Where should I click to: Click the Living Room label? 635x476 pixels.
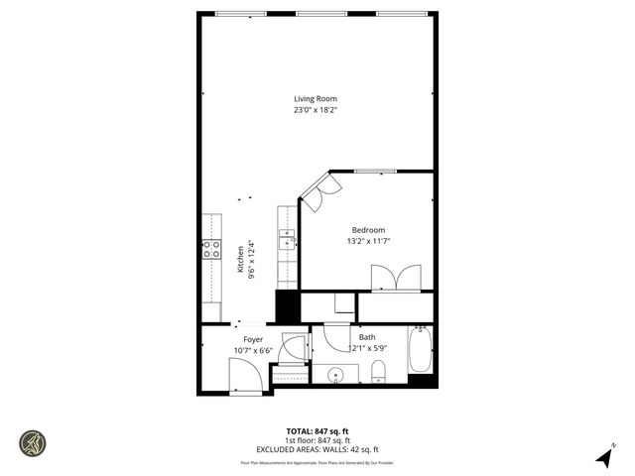[316, 98]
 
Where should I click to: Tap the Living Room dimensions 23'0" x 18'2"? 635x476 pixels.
[316, 110]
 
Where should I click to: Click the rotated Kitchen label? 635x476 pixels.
[240, 260]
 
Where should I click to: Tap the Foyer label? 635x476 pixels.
[254, 340]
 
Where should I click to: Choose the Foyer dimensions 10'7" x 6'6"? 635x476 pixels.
[254, 351]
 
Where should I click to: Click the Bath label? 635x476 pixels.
[367, 337]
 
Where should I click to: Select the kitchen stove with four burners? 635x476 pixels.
[211, 249]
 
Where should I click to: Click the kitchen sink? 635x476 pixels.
[287, 240]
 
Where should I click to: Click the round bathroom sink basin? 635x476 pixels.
[336, 375]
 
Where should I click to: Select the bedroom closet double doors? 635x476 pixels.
[396, 278]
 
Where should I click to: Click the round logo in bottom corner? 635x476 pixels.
[33, 442]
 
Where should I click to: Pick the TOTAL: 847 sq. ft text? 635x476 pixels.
[317, 430]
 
